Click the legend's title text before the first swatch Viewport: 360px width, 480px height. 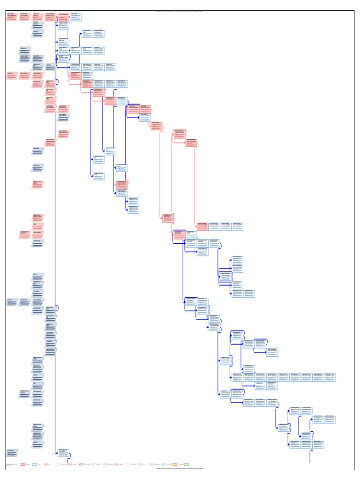[x=10, y=464]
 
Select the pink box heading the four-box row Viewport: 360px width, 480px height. [x=202, y=226]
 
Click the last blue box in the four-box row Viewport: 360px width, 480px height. [x=238, y=226]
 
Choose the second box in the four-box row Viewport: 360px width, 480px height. [x=214, y=226]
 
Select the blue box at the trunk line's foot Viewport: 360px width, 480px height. [x=64, y=453]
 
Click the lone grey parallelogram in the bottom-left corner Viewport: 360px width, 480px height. [x=13, y=453]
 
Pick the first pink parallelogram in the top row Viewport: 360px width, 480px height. [x=13, y=17]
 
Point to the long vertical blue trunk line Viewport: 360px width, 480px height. [x=55, y=234]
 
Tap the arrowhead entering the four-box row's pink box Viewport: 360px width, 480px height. [x=195, y=226]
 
